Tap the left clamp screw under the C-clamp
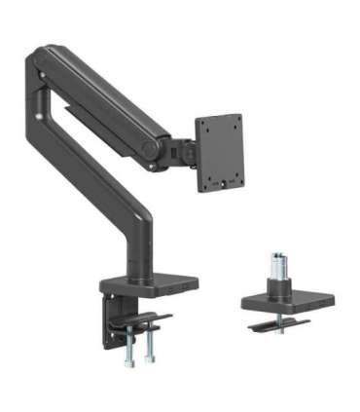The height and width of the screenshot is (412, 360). pyautogui.click(x=129, y=347)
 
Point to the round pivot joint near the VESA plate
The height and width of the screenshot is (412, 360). pyautogui.click(x=150, y=148)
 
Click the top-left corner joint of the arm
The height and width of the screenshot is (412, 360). pyautogui.click(x=40, y=61)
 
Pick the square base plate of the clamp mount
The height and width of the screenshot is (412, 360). pyautogui.click(x=148, y=284)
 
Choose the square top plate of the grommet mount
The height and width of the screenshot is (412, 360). pyautogui.click(x=276, y=299)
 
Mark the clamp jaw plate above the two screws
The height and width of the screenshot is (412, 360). pyautogui.click(x=141, y=320)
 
